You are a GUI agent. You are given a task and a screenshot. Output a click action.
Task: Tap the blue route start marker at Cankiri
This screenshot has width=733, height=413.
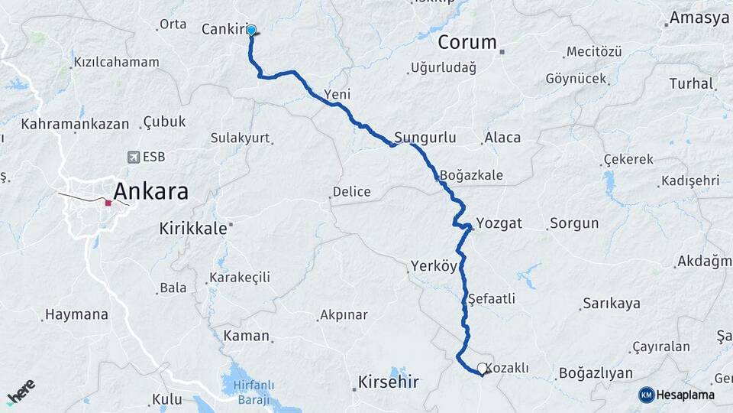coord(250,31)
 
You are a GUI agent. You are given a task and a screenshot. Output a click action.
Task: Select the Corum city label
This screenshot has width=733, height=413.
coord(467,42)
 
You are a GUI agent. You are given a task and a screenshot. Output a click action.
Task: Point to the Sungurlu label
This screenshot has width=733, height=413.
coord(425,138)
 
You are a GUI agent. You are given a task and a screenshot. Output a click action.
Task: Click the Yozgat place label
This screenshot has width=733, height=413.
coord(499,223)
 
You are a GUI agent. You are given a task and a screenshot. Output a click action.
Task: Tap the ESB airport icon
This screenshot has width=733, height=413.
coord(134,157)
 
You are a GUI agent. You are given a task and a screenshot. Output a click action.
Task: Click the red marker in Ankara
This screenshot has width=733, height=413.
coord(108,203)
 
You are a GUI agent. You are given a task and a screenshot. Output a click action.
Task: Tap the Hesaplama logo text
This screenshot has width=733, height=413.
coord(686,395)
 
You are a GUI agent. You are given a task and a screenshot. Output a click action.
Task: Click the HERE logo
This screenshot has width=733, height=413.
coord(21,391)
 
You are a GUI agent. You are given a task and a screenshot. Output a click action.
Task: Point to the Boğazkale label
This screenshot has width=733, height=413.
coord(471,175)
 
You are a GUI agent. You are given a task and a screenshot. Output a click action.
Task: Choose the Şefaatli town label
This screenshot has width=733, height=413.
coord(492,299)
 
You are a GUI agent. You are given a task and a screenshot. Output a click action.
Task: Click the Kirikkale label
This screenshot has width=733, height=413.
coord(192,228)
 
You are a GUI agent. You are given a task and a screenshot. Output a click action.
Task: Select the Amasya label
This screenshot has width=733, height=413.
coord(699,18)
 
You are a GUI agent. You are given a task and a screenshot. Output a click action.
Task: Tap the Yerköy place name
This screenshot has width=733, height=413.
coord(433,266)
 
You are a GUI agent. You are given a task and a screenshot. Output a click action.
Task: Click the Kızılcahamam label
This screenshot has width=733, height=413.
coord(116,62)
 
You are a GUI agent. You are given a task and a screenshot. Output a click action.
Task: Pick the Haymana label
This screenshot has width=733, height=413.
coord(76,314)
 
